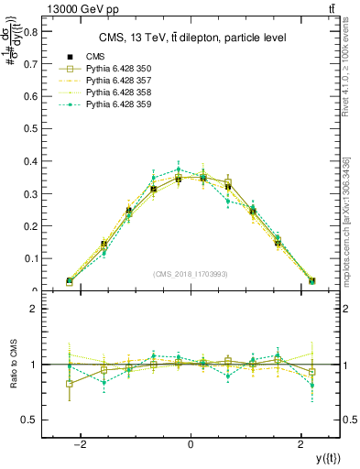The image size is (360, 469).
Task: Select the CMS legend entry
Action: tap(96, 57)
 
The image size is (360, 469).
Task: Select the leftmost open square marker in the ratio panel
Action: tap(70, 384)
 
